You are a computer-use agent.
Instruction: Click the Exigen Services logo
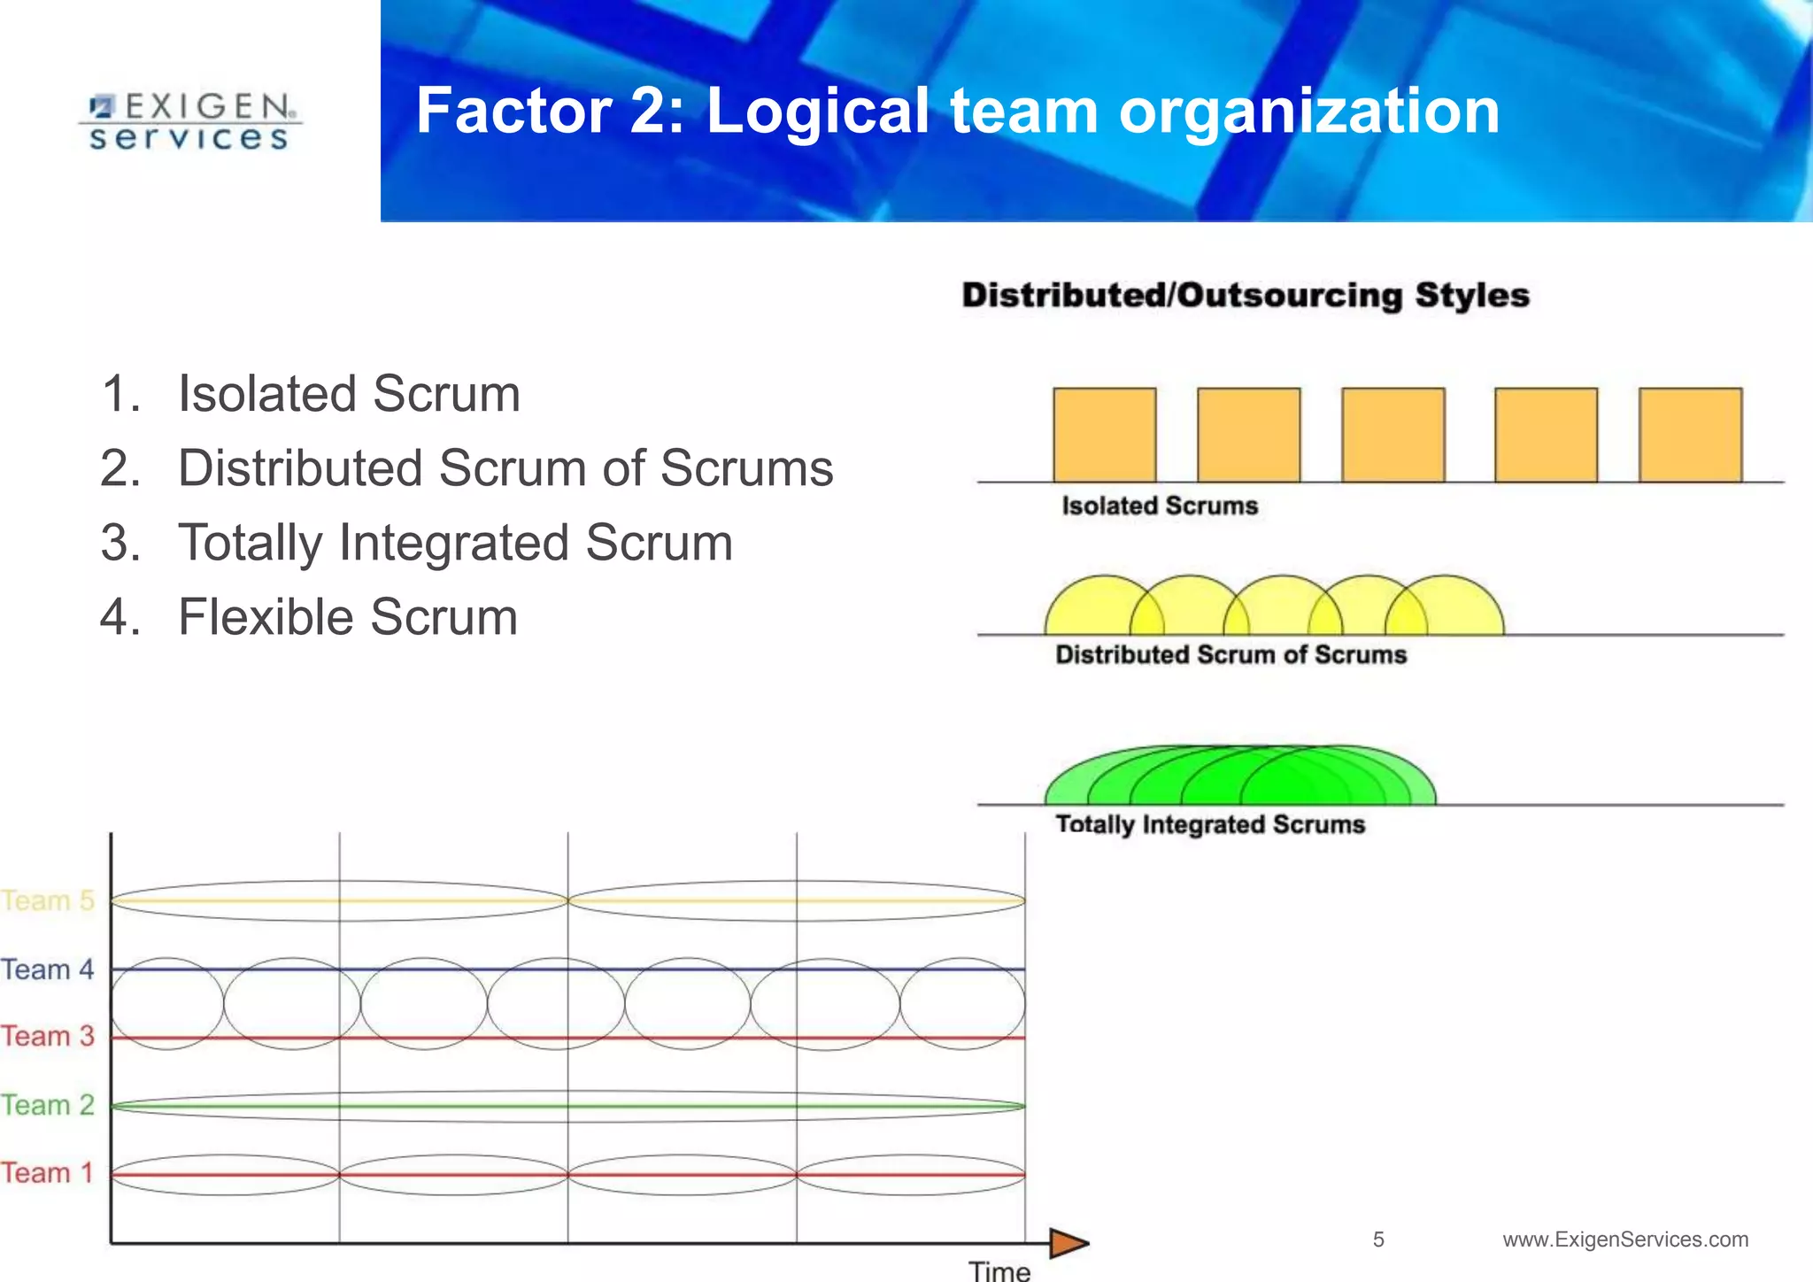click(x=189, y=122)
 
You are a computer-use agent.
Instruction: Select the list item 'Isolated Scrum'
click(x=349, y=394)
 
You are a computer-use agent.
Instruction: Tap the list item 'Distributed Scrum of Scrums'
click(x=505, y=468)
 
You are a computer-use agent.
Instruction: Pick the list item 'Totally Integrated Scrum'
click(x=455, y=543)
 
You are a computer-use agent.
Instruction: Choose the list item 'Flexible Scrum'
click(x=347, y=617)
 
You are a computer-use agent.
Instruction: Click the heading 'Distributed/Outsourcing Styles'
click(x=1245, y=296)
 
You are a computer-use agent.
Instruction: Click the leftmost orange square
click(x=1104, y=435)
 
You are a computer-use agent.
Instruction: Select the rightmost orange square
click(x=1690, y=435)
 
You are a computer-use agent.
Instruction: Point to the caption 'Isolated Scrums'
click(x=1160, y=506)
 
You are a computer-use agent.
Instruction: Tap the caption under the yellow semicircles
click(x=1231, y=655)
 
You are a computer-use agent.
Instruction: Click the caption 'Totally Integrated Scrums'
click(x=1210, y=825)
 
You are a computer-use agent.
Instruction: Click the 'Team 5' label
click(x=48, y=900)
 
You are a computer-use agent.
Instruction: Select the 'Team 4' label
click(x=48, y=969)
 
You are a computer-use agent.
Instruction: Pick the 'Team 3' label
click(x=48, y=1036)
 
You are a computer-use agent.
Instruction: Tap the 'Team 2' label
click(x=48, y=1105)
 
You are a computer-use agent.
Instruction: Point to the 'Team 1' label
click(x=48, y=1173)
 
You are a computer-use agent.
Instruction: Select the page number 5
click(x=1378, y=1240)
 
